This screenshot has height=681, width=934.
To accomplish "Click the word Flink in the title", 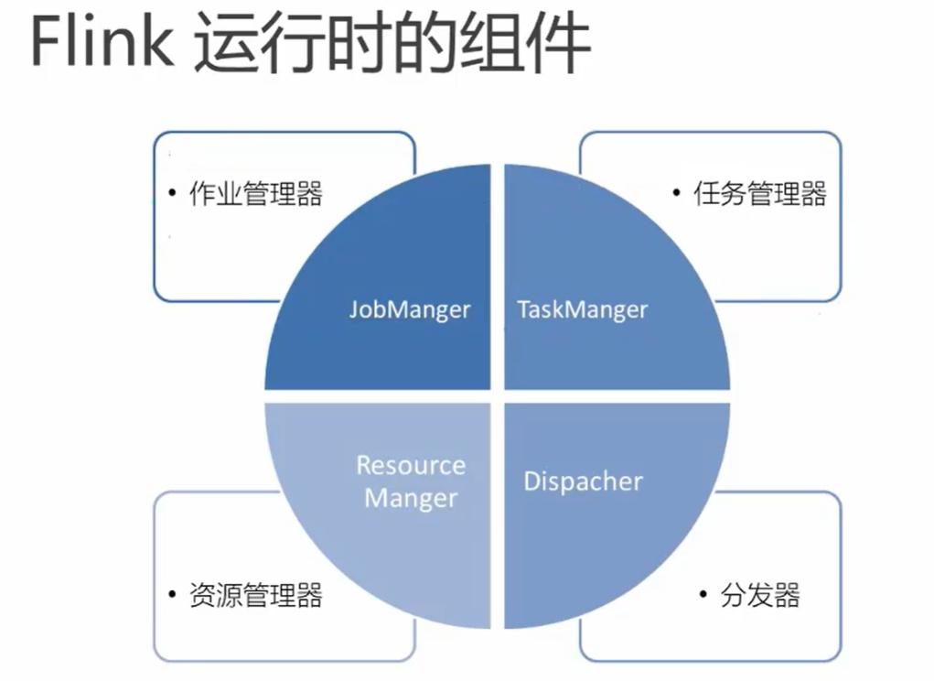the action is (x=102, y=41).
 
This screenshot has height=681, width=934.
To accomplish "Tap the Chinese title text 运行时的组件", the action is (x=392, y=43).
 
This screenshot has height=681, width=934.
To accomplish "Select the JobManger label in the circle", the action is (x=410, y=309).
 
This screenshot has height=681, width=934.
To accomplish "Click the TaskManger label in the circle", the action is (x=582, y=309).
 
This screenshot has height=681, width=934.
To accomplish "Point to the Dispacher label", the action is (x=583, y=481).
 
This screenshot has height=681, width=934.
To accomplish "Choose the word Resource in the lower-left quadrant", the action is (x=411, y=465).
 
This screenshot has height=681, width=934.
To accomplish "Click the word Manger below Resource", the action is (x=411, y=499).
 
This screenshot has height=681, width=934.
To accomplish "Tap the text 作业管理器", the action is (x=256, y=194).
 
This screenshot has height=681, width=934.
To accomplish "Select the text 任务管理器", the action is (x=760, y=194).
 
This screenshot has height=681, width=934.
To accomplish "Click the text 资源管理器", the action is (x=256, y=595).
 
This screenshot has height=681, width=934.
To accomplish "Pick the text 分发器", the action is (x=760, y=595).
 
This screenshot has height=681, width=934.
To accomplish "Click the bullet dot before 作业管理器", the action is (x=173, y=192).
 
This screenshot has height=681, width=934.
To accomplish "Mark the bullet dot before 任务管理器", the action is (x=677, y=192).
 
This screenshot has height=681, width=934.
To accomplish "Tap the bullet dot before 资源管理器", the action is (x=173, y=594).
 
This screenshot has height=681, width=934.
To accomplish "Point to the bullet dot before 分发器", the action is (x=703, y=594).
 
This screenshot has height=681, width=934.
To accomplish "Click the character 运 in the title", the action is (x=227, y=43).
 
